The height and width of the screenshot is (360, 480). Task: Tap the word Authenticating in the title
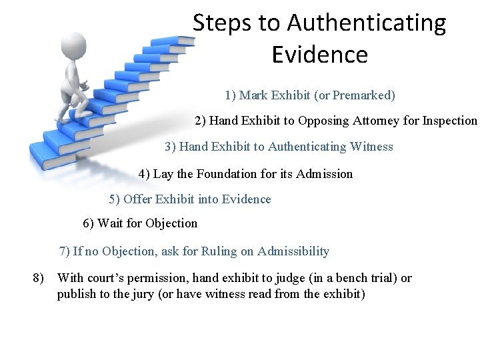pos(367,23)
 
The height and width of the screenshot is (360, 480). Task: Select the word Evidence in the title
pos(319,55)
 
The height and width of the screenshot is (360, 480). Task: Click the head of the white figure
pos(74,46)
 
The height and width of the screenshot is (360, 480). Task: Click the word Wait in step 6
pos(109,223)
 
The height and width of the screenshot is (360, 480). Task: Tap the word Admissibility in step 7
pos(293,251)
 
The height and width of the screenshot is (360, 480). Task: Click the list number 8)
pos(39,278)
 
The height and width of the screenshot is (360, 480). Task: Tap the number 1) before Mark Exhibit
pos(230,95)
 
